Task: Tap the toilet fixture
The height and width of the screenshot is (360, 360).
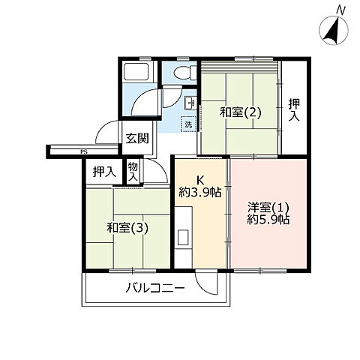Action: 186,72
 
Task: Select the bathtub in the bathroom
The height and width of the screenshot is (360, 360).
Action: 136,71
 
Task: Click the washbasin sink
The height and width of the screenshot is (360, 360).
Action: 190,103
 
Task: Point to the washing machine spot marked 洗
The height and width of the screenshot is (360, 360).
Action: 189,124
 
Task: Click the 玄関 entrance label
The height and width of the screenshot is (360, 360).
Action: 137,138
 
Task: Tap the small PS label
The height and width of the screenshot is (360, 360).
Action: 84,151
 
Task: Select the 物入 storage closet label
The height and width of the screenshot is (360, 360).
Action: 133,172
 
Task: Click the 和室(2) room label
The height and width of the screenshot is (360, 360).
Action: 240,112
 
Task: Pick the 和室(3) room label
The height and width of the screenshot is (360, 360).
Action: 127,227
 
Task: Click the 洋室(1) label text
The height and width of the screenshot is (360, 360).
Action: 268,207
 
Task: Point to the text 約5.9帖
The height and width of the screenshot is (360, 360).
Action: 268,220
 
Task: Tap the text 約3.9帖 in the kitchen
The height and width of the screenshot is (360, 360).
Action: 200,192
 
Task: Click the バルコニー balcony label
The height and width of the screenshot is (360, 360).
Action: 154,289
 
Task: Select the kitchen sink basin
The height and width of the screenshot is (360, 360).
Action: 183,238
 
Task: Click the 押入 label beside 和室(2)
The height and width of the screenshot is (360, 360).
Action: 294,110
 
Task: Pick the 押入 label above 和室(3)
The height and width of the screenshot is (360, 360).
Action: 104,172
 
